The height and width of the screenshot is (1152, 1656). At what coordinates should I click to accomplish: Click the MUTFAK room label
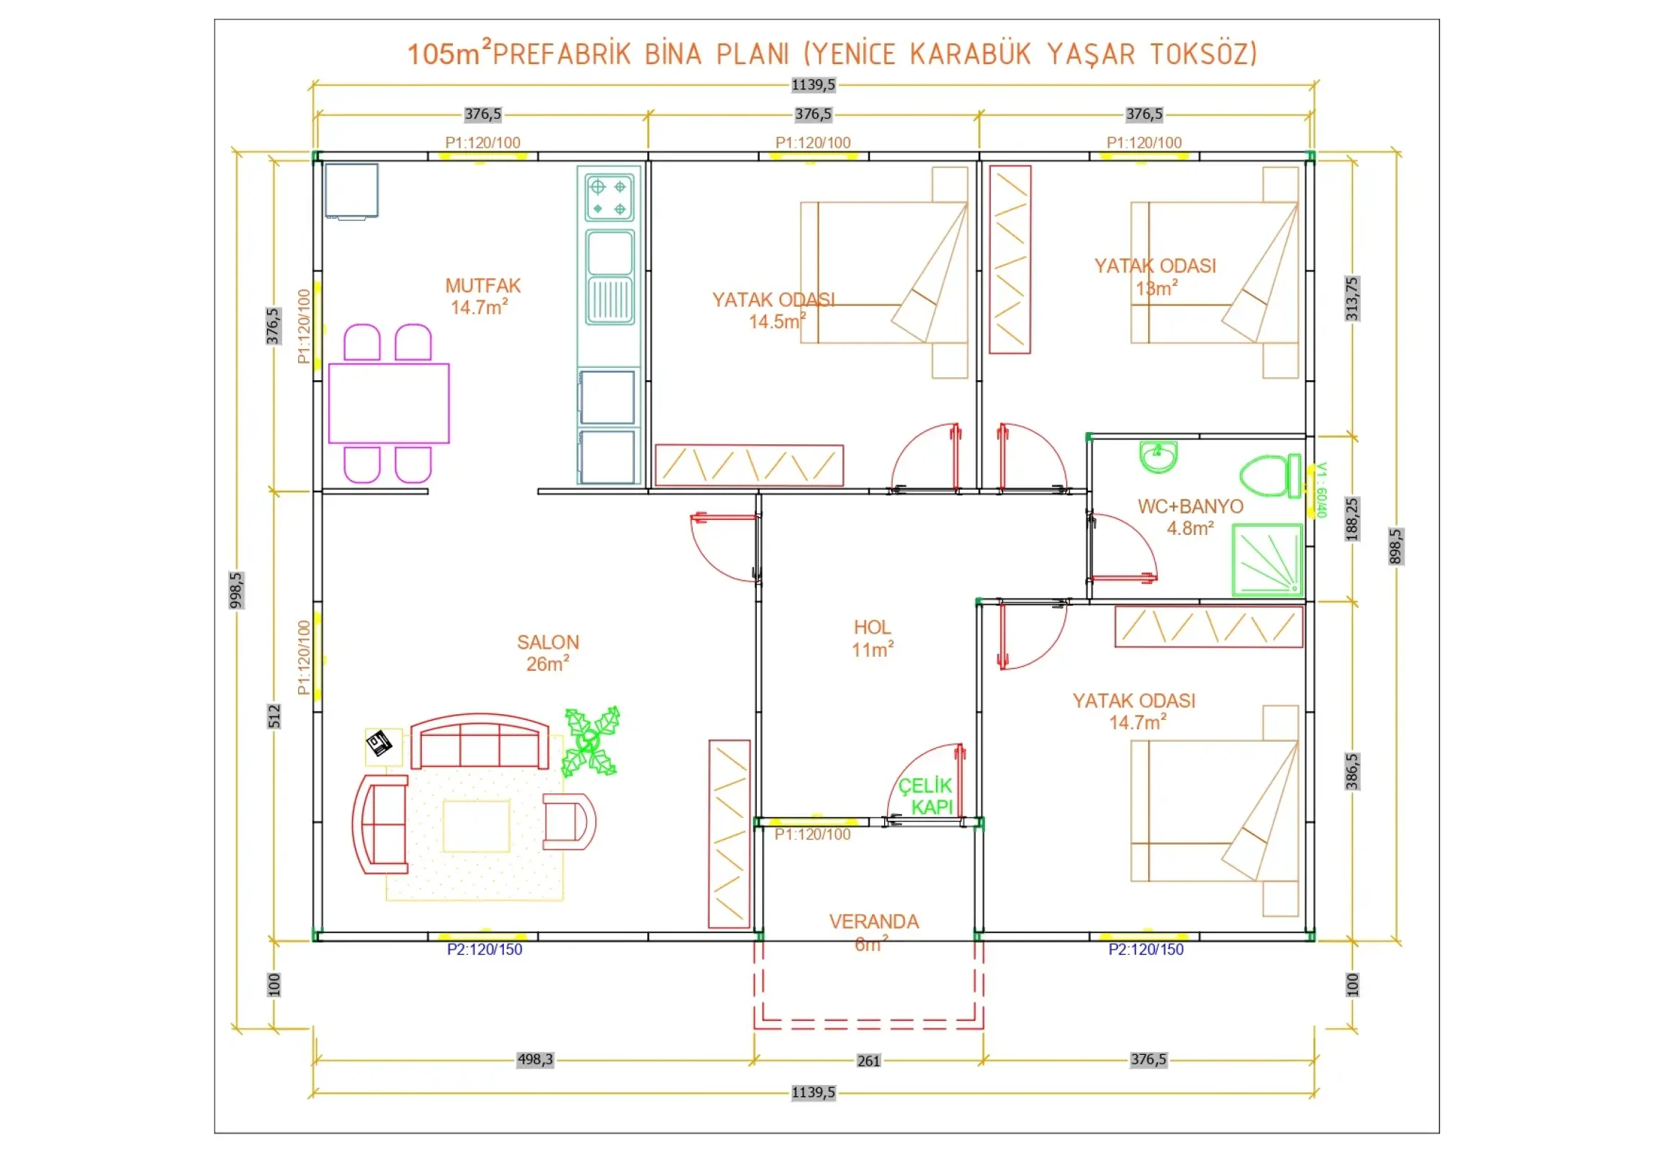(482, 286)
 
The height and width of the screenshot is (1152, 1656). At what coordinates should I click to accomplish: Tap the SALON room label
(548, 642)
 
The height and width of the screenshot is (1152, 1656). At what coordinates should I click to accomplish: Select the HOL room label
(872, 627)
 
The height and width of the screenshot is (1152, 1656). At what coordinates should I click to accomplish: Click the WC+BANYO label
(1191, 506)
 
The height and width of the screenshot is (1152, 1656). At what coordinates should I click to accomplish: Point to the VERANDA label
(874, 921)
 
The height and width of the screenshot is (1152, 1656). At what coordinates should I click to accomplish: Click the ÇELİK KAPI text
(925, 796)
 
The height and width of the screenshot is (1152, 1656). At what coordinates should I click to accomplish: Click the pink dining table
(389, 403)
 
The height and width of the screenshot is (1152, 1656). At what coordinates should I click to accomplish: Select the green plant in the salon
(590, 742)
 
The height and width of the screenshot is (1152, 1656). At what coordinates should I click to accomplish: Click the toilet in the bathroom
(1270, 475)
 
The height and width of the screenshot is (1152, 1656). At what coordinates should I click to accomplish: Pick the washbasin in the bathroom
(1158, 456)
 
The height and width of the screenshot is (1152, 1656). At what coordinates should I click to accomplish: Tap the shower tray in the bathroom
(1267, 560)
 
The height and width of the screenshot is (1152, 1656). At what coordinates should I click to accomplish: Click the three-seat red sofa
(480, 742)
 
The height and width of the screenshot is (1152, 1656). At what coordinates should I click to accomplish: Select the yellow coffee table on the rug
(476, 826)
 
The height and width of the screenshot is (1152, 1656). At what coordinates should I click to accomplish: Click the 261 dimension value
(868, 1061)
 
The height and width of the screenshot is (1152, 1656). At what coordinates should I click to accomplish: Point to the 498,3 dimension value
(535, 1059)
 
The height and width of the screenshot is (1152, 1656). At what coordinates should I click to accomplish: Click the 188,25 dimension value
(1351, 518)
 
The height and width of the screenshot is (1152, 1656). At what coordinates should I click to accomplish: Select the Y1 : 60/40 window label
(1321, 490)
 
